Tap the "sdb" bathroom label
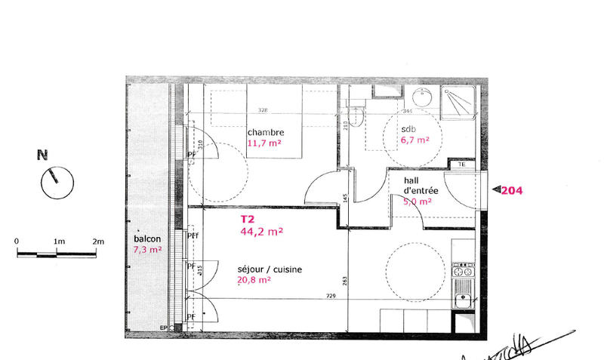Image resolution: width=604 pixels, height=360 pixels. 408,129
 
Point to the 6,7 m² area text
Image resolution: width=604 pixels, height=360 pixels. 414,140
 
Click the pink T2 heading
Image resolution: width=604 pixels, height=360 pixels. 248,220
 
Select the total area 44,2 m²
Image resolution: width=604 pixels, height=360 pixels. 262,232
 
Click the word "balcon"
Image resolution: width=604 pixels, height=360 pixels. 147,238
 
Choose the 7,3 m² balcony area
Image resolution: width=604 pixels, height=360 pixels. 147,249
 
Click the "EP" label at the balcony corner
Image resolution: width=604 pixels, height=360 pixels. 163,328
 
